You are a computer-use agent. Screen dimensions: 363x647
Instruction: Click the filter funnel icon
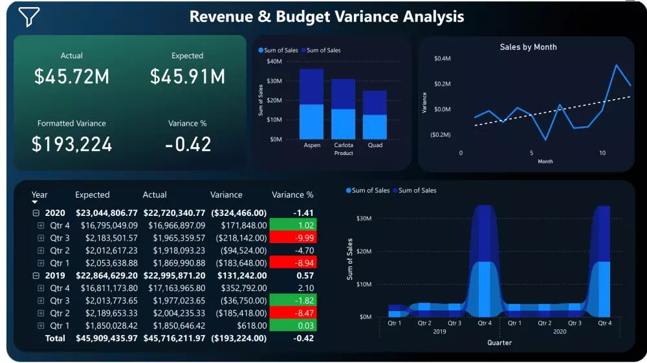[29, 18]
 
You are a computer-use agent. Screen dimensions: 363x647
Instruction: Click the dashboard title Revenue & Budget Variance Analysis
[326, 16]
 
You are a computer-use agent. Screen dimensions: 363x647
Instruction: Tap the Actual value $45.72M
[72, 76]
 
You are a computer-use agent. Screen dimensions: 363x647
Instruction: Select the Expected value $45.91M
[188, 76]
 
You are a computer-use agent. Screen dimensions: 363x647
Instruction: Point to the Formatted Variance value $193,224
[72, 144]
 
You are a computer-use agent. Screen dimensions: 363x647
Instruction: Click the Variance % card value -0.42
[188, 144]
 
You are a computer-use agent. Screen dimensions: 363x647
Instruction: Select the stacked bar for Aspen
[312, 104]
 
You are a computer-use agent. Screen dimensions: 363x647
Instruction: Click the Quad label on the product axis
[375, 145]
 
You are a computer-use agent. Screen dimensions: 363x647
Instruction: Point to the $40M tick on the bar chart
[274, 62]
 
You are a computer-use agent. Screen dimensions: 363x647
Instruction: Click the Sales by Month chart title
[528, 47]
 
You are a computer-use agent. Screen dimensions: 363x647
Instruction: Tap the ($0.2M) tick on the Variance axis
[440, 134]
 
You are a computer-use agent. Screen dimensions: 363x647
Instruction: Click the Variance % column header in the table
[292, 194]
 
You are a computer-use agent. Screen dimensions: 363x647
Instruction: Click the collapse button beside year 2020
[37, 213]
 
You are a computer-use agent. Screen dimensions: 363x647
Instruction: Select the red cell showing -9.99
[292, 238]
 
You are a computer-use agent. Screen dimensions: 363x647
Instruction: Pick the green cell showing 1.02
[292, 226]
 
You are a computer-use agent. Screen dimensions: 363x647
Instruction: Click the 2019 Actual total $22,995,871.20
[173, 275]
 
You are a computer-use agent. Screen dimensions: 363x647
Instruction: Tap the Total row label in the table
[55, 338]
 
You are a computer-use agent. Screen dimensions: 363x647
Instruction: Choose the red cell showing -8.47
[292, 313]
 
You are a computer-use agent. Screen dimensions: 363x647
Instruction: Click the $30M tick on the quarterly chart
[362, 218]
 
